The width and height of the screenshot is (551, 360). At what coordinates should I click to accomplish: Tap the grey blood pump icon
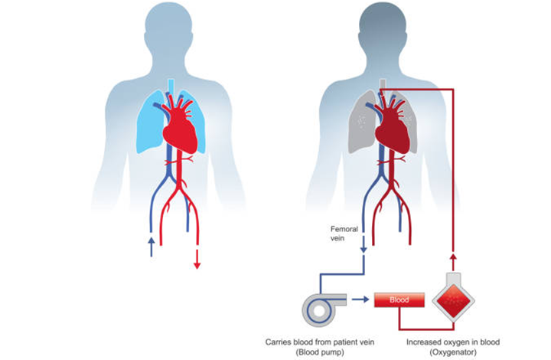click(x=322, y=306)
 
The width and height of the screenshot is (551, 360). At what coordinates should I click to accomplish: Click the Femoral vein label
click(x=344, y=233)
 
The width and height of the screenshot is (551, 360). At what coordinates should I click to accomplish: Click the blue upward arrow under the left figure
click(x=151, y=246)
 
